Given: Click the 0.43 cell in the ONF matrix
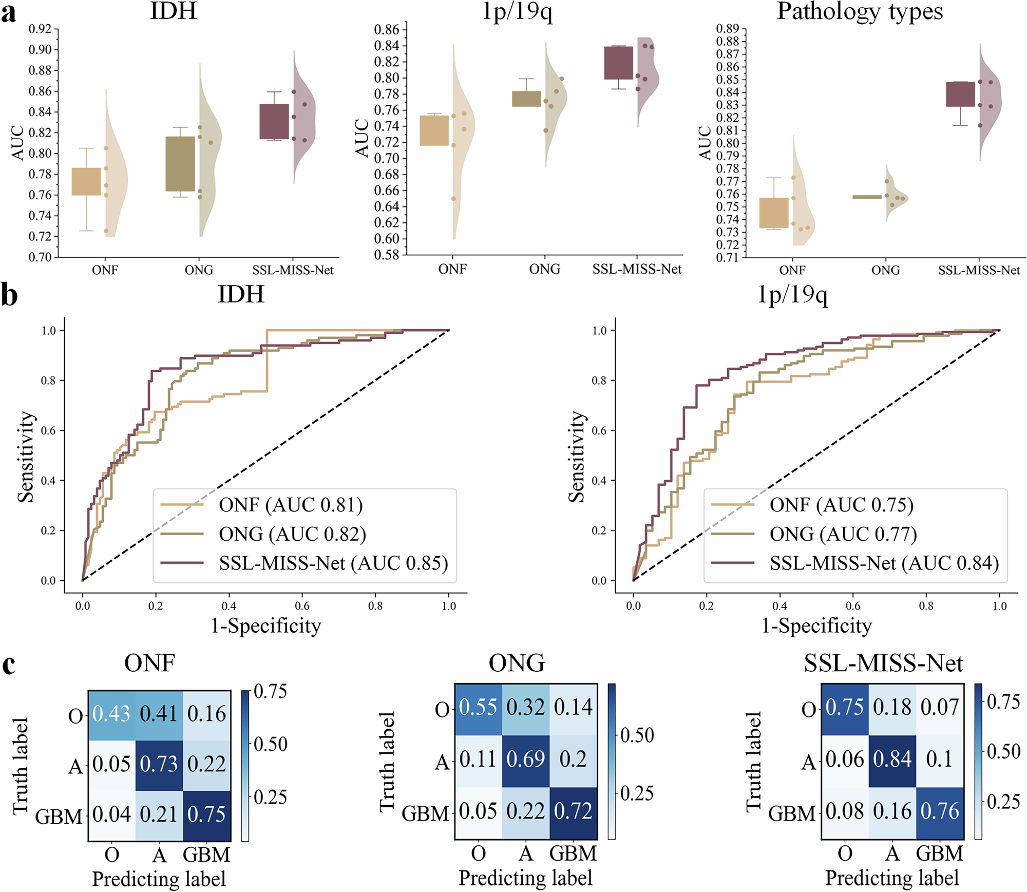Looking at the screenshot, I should click(x=111, y=714).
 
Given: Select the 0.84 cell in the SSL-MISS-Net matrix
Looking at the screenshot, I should click(x=892, y=759).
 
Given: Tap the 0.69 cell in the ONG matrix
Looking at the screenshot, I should click(x=525, y=759).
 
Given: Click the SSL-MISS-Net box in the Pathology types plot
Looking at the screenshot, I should click(x=960, y=94).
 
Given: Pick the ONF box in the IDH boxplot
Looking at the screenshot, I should click(x=86, y=181).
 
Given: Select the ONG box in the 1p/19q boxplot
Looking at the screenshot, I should click(x=526, y=99).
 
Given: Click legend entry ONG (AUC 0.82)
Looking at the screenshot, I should click(x=292, y=534).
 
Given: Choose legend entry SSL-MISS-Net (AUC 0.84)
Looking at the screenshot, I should click(x=884, y=563).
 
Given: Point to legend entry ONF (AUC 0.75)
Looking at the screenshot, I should click(x=841, y=505).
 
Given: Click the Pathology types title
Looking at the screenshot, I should click(x=859, y=11).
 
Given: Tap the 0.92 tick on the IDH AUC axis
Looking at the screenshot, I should click(x=40, y=29).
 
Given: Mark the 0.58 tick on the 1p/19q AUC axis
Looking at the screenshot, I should click(x=386, y=255).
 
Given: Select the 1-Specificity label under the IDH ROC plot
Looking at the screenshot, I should click(x=266, y=625).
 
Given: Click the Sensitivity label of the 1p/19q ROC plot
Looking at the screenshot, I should click(x=577, y=456).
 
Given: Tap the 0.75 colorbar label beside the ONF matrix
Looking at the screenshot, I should click(x=270, y=691).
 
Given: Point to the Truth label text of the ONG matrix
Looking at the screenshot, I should click(x=388, y=762).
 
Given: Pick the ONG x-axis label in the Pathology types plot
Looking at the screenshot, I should click(x=885, y=270).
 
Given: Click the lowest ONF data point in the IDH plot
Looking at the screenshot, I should click(x=106, y=231).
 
